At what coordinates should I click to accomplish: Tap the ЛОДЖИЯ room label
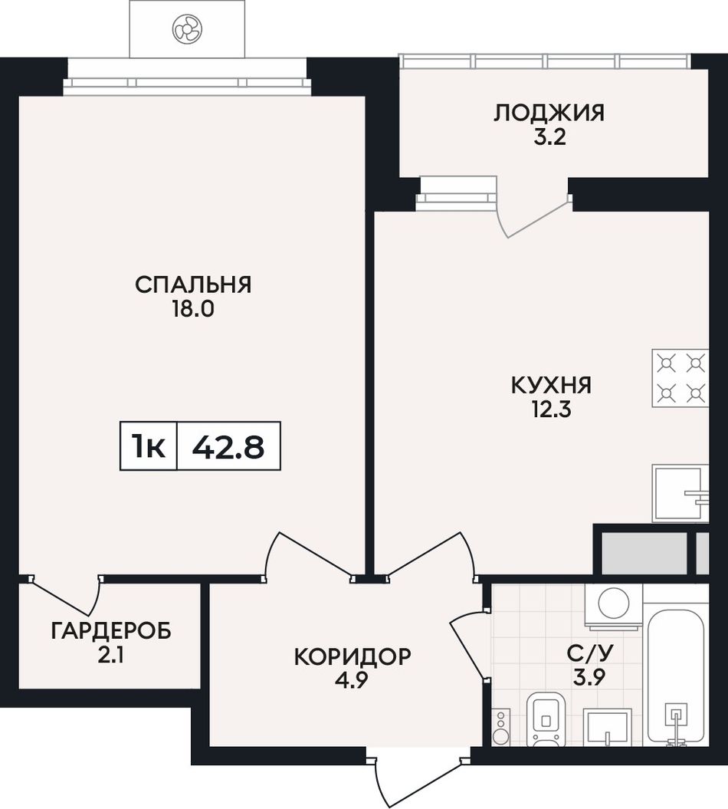pyautogui.click(x=549, y=113)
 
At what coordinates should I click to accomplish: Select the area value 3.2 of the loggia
pyautogui.click(x=549, y=138)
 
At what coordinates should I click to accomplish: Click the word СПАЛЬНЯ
pyautogui.click(x=193, y=284)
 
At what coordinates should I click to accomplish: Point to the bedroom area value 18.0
pyautogui.click(x=193, y=310)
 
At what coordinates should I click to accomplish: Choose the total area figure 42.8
pyautogui.click(x=228, y=447)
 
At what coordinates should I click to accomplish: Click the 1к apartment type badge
pyautogui.click(x=149, y=446)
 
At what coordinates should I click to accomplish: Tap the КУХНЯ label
pyautogui.click(x=551, y=386)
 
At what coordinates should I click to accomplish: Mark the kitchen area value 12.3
pyautogui.click(x=551, y=410)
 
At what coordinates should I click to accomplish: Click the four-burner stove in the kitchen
pyautogui.click(x=680, y=378)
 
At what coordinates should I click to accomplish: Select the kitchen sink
pyautogui.click(x=680, y=493)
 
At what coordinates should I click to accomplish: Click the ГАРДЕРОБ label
pyautogui.click(x=111, y=630)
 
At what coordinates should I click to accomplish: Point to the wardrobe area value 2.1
pyautogui.click(x=110, y=656)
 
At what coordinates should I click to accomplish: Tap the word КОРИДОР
pyautogui.click(x=353, y=656)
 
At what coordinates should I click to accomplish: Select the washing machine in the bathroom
pyautogui.click(x=614, y=607)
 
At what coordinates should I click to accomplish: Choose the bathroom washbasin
pyautogui.click(x=608, y=726)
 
